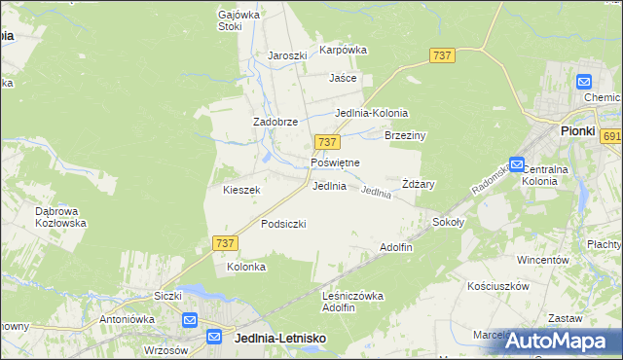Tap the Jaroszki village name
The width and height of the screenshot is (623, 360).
coord(287,55)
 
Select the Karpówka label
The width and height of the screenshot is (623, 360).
coord(343,50)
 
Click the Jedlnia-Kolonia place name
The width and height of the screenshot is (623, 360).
coord(371,113)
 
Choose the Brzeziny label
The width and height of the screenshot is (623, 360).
coord(406,136)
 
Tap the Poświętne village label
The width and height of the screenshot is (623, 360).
coord(335,162)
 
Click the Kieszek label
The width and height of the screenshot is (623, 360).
coord(241,190)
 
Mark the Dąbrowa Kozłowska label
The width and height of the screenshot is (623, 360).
coord(60,216)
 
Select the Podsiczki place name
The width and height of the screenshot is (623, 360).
coord(283,224)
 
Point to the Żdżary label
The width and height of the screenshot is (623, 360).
coord(418,184)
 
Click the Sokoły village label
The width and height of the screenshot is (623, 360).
coord(449,222)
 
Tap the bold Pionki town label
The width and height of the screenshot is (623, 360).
coord(577,130)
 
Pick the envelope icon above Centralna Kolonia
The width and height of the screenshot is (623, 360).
coord(517,165)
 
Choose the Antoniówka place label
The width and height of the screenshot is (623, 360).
coord(123,318)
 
